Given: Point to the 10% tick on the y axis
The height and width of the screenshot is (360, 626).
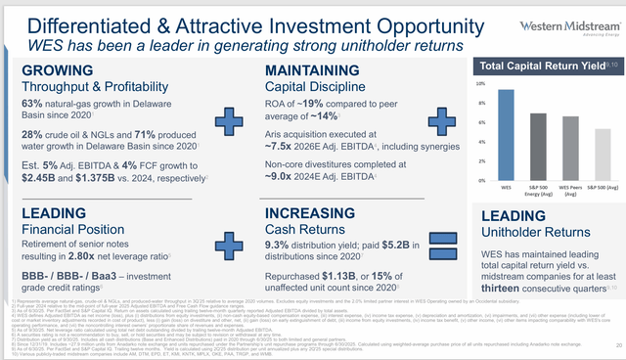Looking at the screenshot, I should click(x=480, y=84).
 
